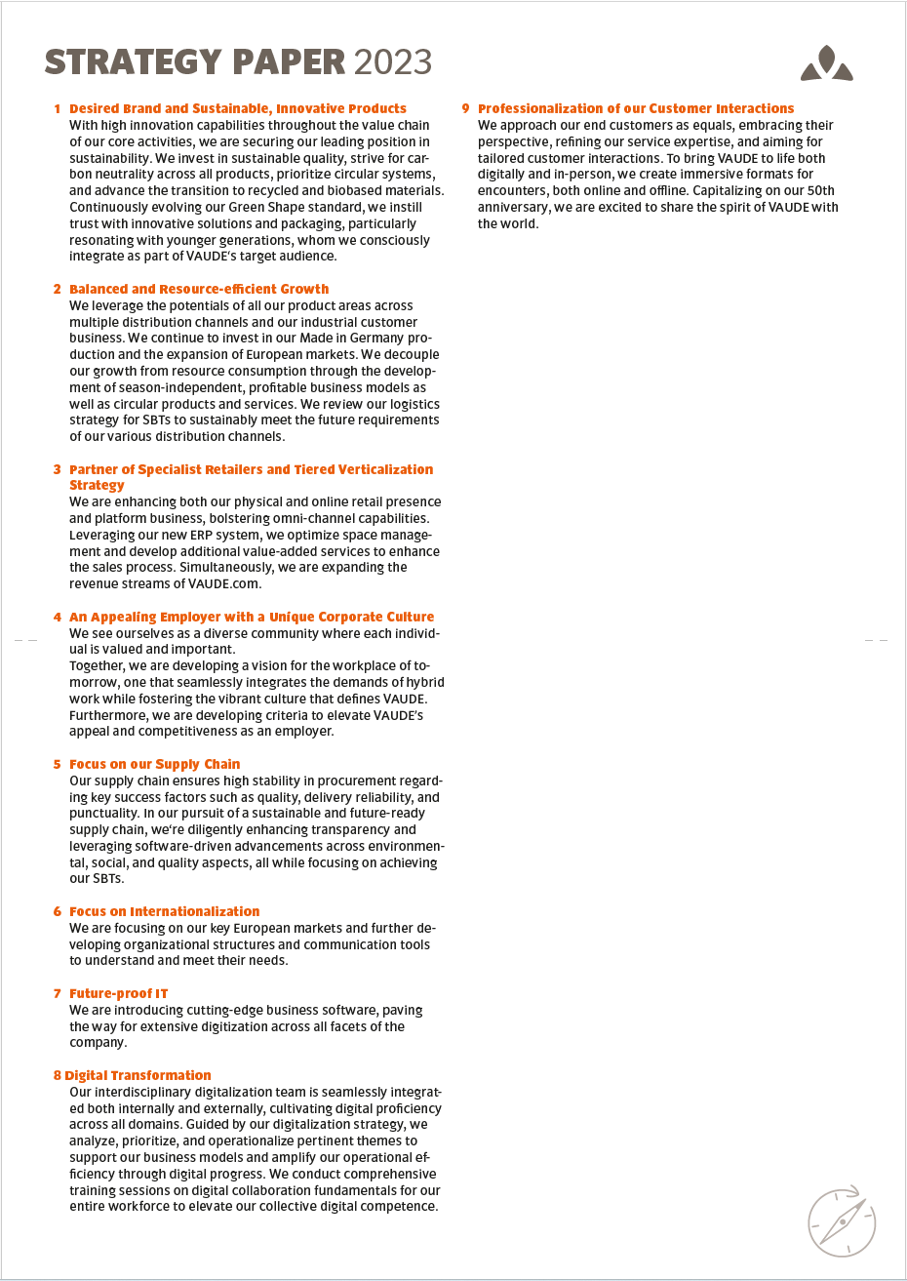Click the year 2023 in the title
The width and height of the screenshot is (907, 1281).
point(392,62)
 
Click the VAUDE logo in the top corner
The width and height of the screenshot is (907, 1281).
point(826,63)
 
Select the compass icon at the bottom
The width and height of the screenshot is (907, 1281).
point(841,1221)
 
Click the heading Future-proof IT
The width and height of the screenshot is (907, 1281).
point(118,993)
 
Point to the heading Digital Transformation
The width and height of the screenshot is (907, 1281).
point(138,1075)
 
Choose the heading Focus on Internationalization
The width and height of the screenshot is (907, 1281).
point(164,911)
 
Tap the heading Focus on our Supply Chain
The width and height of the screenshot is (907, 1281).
point(154,764)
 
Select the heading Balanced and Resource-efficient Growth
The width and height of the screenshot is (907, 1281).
point(199,289)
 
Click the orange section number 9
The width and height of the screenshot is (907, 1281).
point(465,108)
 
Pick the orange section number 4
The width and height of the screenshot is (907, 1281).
point(58,617)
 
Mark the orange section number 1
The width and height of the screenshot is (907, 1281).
point(58,108)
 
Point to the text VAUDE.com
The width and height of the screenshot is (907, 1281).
point(225,583)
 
